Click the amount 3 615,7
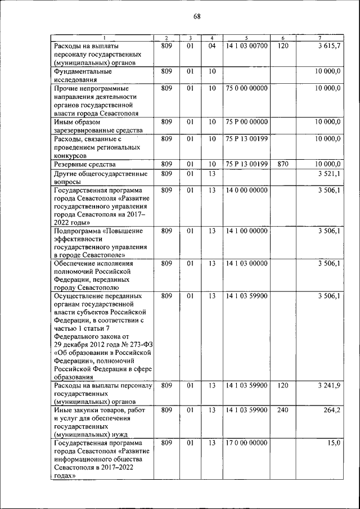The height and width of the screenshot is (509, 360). click(x=329, y=46)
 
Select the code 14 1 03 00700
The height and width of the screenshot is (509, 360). click(x=247, y=46)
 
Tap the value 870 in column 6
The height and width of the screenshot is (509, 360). click(x=283, y=164)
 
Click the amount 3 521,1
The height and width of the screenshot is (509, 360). click(x=329, y=174)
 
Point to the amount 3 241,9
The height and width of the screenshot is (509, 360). click(x=329, y=386)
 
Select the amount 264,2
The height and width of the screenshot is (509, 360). click(x=331, y=410)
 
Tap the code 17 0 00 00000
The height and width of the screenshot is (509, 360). click(x=247, y=443)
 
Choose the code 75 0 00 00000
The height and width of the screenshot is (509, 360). click(x=247, y=88)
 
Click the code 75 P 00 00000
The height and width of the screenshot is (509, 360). click(x=247, y=121)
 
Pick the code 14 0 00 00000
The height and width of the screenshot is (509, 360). click(x=247, y=191)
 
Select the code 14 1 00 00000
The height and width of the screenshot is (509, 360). click(x=247, y=231)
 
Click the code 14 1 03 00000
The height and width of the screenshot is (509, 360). click(x=247, y=263)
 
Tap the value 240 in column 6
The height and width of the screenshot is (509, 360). click(x=283, y=410)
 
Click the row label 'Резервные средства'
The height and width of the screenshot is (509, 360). click(x=85, y=164)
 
